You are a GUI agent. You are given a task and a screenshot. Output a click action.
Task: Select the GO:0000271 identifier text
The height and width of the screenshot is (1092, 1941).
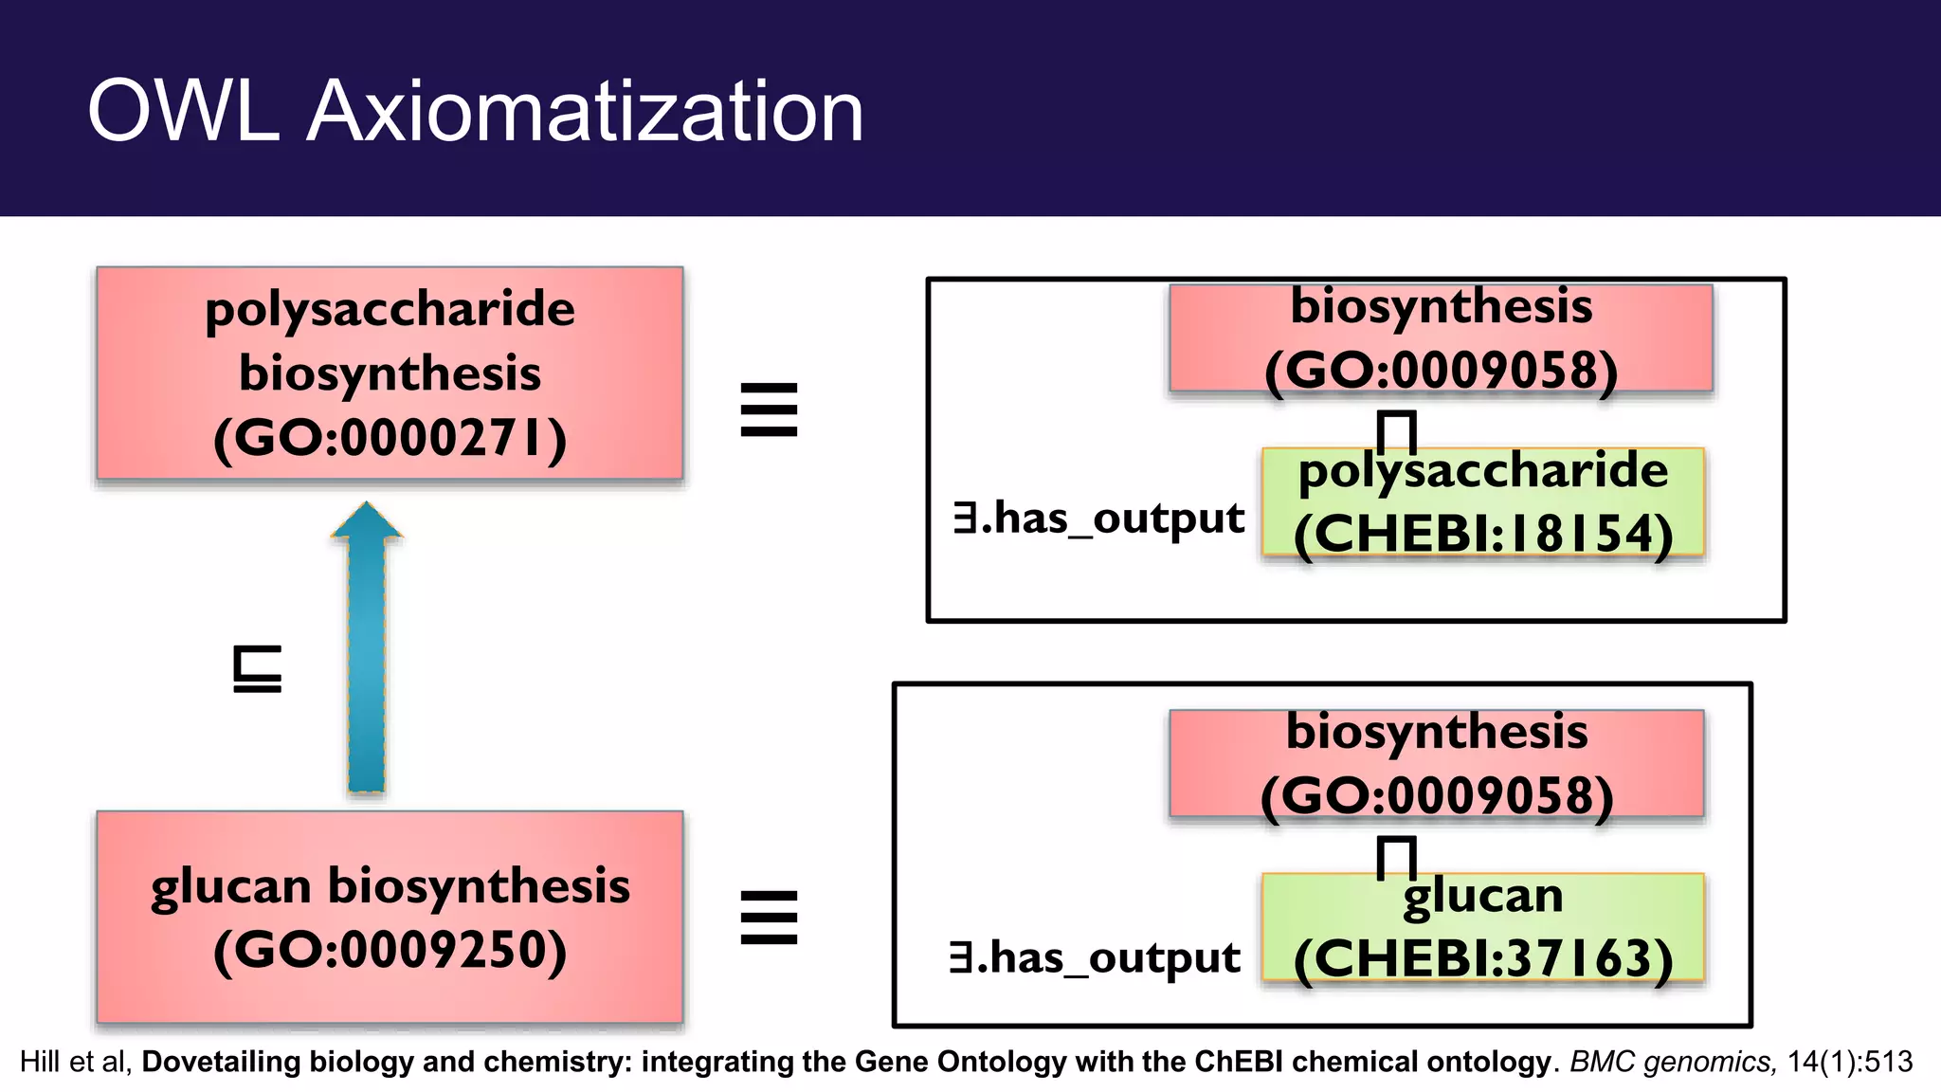(390, 439)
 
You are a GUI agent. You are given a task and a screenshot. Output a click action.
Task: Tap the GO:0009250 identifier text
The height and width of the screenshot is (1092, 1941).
(390, 950)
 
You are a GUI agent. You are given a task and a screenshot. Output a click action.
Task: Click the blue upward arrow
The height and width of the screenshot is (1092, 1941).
(367, 654)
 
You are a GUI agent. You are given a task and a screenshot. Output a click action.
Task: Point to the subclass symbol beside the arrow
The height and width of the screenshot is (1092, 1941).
(257, 669)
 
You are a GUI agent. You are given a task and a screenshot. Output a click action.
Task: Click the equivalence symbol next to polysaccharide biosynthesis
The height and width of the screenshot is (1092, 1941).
(769, 409)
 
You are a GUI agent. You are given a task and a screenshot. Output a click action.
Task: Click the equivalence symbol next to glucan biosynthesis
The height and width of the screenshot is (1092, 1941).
(769, 917)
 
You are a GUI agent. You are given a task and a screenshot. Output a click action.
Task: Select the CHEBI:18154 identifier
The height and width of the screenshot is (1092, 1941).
(1483, 534)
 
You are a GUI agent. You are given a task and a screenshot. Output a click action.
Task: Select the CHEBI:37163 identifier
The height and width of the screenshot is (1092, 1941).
(1483, 958)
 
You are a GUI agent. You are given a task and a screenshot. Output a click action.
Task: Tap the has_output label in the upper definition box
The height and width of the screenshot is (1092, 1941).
(1099, 519)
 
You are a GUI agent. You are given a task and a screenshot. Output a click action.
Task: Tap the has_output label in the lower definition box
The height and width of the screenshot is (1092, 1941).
(1096, 958)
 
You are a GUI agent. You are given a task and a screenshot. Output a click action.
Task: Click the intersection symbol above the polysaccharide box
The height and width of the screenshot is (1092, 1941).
(1396, 431)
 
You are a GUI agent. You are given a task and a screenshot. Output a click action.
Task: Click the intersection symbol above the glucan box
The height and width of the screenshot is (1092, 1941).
(1396, 857)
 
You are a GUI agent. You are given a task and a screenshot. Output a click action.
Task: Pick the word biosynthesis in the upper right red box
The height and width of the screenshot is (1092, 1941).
(1441, 306)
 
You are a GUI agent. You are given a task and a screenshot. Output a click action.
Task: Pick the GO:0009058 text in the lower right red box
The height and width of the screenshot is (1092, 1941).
(1437, 795)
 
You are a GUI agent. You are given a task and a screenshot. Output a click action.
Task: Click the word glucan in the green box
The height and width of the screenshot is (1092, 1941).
(1483, 896)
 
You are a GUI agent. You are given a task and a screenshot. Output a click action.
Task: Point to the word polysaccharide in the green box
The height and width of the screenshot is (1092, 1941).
(1483, 471)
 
